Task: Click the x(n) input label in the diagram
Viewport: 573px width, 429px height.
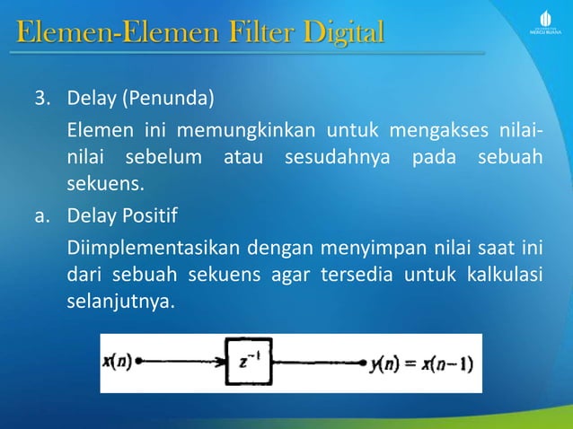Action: (x=118, y=363)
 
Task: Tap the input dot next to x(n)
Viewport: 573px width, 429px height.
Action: (x=139, y=363)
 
